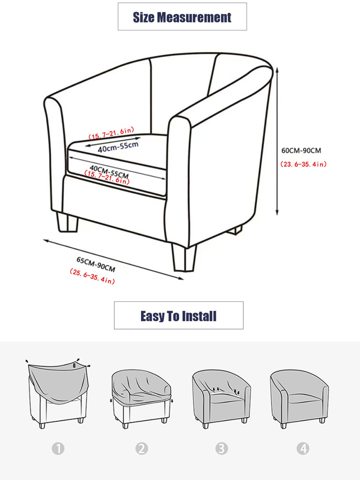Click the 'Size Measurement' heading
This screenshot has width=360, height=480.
[182, 17]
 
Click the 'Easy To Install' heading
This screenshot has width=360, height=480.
[178, 316]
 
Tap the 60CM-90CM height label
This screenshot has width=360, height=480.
[301, 151]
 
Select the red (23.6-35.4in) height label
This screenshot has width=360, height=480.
[303, 164]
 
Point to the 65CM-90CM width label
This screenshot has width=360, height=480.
[96, 265]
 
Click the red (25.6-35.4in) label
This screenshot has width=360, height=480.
[92, 276]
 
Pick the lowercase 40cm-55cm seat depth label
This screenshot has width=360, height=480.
[118, 147]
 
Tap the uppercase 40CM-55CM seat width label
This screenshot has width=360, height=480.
[109, 172]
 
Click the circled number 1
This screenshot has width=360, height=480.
[58, 448]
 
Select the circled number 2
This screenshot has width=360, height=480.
[141, 448]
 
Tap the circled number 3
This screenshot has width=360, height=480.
[222, 448]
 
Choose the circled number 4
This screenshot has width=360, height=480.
[303, 448]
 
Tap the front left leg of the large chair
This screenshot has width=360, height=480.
[67, 222]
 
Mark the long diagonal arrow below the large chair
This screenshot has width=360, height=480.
[113, 259]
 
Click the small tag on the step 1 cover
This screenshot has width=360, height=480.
[74, 365]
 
